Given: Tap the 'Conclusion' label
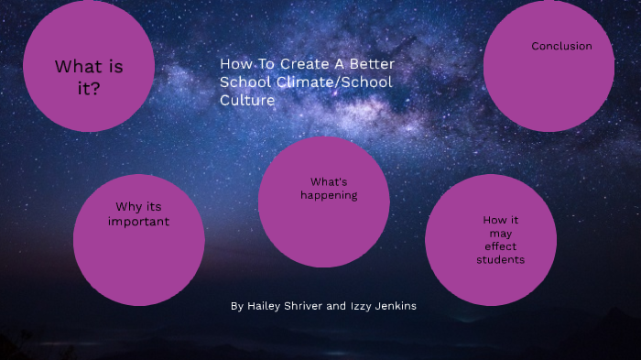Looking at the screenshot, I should click(561, 46).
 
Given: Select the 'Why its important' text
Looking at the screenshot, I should click(138, 214).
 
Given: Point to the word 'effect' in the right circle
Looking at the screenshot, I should click(500, 246).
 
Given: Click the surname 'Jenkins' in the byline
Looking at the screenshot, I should click(396, 306).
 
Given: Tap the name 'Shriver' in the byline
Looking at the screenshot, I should click(304, 306).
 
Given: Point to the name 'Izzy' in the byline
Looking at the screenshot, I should click(361, 306).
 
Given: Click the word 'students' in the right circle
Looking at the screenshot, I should click(500, 260).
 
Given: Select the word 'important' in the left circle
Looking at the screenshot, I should click(138, 222).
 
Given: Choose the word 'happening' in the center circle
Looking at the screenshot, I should click(329, 195).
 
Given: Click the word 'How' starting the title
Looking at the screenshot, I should click(234, 64).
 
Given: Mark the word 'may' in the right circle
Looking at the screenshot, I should click(500, 234).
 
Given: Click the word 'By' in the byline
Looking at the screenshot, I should click(237, 306).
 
